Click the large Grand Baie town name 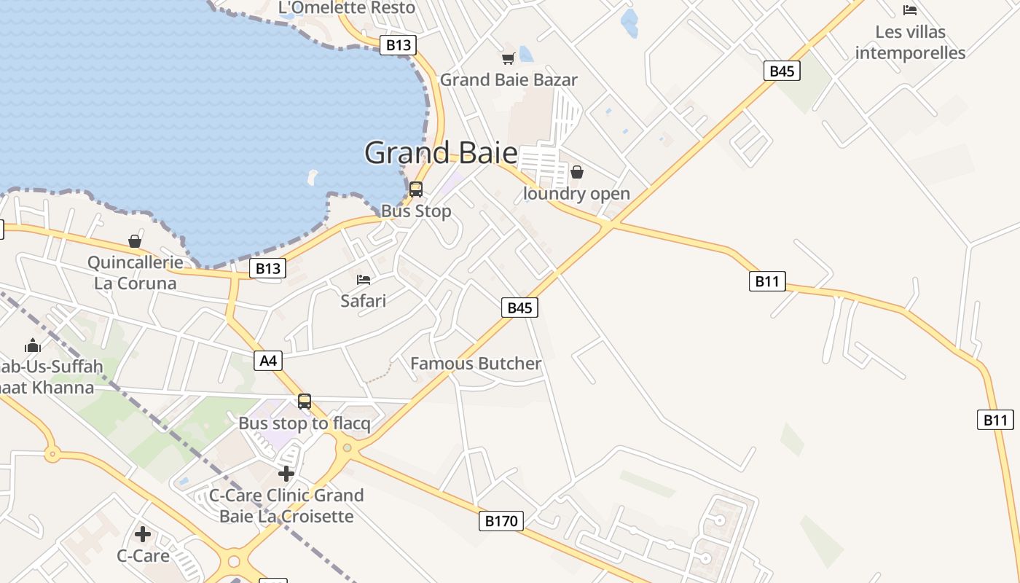pos(441,153)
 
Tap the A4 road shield pos(268,360)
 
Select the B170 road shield pos(501,520)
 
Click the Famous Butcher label pos(476,364)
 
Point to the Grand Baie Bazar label pos(509,80)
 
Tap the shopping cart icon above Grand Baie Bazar pos(508,58)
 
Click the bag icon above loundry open pos(577,172)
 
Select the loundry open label pos(577,194)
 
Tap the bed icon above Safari pos(364,279)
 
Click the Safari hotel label pos(364,300)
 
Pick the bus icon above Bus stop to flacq pos(305,402)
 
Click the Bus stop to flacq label pos(305,423)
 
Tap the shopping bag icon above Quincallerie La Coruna pos(135,241)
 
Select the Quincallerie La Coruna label pos(135,273)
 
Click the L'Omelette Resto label pos(347,8)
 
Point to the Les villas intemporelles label pos(910,42)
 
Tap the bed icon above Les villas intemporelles pos(910,10)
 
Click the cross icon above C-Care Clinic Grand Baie pos(286,474)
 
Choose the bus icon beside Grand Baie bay pos(416,189)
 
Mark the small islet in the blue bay pos(313,176)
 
